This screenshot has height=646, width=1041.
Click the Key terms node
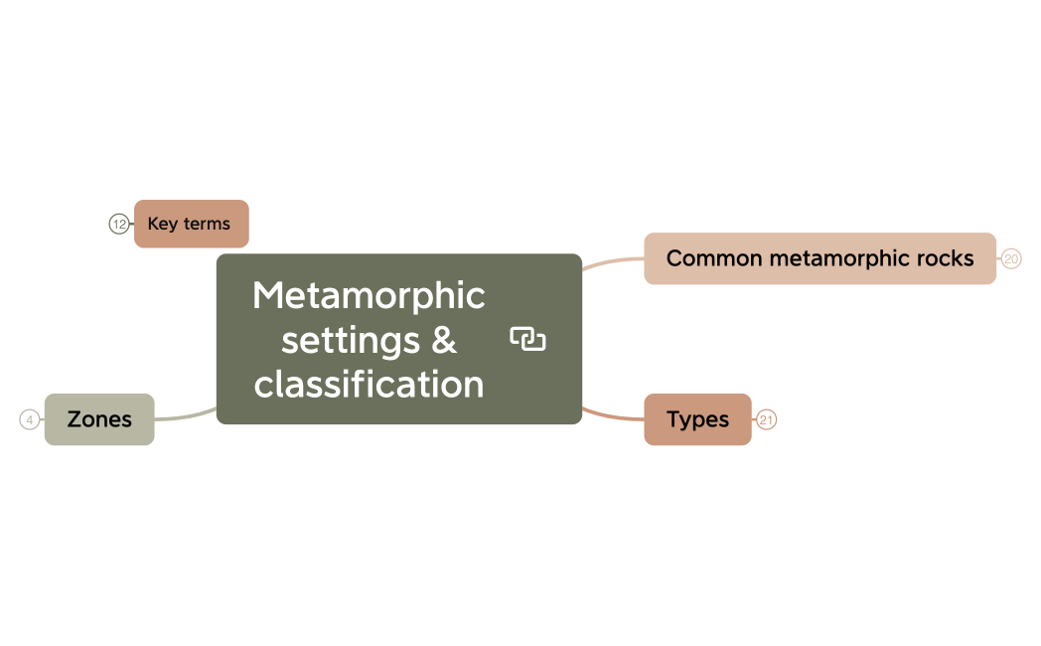191,224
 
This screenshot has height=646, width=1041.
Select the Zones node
99,419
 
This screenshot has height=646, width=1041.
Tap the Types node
697,419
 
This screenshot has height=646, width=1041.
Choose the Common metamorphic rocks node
819,258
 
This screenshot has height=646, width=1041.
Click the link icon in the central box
527,339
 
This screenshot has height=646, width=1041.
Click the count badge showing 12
119,224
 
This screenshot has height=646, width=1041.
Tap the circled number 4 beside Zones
29,419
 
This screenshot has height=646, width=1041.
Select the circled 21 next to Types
766,419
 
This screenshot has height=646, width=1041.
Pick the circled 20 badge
1011,258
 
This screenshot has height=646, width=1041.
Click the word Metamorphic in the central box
370,296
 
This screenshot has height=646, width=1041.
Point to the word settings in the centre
351,341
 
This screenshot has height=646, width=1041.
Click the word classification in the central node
370,385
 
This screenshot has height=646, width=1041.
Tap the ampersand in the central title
444,340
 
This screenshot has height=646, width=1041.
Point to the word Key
163,225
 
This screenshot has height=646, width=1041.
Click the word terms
208,224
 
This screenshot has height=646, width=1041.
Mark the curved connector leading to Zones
186,415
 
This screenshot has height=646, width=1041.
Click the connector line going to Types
613,415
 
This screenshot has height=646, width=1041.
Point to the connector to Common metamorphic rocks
613,263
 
